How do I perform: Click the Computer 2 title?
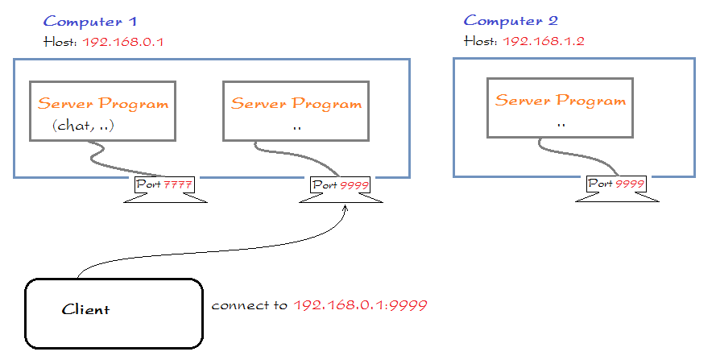point(511,21)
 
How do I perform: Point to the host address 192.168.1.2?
point(544,40)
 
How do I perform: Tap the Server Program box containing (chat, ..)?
point(102,110)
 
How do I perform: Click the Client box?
point(113,313)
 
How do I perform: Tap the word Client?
point(85,310)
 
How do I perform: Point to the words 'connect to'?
point(250,307)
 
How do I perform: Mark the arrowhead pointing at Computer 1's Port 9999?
point(346,208)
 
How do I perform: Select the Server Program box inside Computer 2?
point(560,108)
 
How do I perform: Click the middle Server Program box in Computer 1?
point(296,110)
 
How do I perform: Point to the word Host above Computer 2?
point(480,40)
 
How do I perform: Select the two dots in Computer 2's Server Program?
point(561,125)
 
